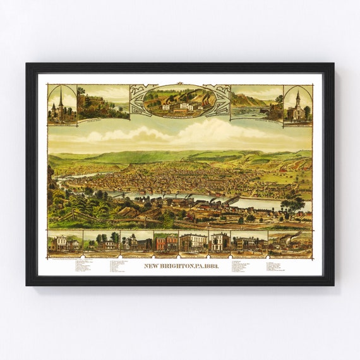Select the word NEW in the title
click(151, 266)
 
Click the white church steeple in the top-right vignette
click(297, 97)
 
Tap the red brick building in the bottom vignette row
click(166, 243)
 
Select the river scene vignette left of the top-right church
click(256, 102)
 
